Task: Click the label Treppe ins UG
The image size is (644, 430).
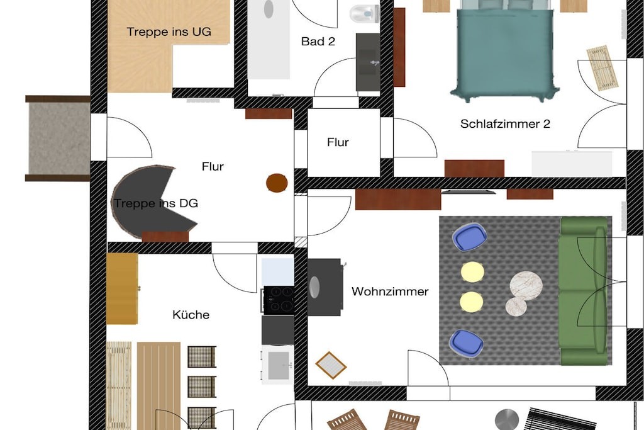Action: [x=169, y=31]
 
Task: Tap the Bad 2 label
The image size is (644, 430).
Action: [x=318, y=42]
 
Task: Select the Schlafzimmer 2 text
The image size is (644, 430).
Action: [x=505, y=124]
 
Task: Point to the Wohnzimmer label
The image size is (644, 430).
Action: [x=390, y=291]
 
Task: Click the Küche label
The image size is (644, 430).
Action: [x=191, y=315]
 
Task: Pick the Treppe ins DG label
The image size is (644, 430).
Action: [x=156, y=203]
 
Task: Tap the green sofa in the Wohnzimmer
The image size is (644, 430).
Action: [x=583, y=291]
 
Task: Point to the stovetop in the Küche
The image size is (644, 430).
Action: [x=278, y=300]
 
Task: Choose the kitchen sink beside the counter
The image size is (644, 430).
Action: [x=277, y=365]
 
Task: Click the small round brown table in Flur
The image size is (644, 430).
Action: [x=277, y=183]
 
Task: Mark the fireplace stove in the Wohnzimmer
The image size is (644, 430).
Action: [x=325, y=287]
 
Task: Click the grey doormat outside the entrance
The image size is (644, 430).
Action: [x=58, y=138]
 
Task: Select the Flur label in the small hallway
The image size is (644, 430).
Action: [x=338, y=142]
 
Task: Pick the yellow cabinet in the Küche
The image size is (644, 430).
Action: [x=123, y=288]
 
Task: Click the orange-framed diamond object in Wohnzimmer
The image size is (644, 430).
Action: [x=331, y=365]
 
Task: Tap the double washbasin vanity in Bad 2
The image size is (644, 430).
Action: [x=367, y=62]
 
